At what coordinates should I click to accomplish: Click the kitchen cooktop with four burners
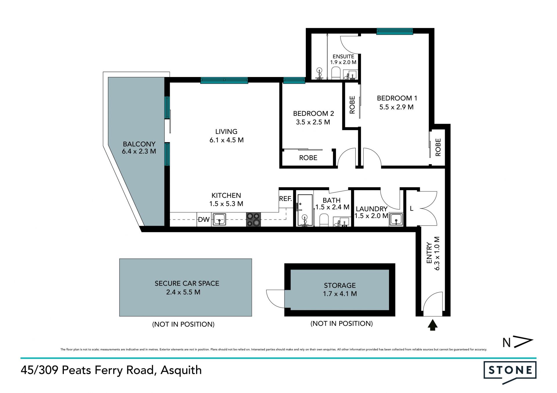click(253, 219)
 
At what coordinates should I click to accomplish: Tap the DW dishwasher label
click(204, 220)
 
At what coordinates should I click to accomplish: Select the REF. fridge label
click(285, 199)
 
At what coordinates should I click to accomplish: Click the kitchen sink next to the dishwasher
click(219, 219)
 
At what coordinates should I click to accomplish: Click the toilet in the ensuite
click(336, 73)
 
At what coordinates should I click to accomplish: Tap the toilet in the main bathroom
click(324, 220)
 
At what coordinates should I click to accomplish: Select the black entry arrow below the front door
click(433, 325)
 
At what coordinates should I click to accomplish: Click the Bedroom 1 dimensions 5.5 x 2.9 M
click(396, 107)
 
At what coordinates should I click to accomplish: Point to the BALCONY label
click(139, 144)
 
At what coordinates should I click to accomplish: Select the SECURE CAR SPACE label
click(187, 283)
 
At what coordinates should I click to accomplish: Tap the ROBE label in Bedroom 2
click(308, 158)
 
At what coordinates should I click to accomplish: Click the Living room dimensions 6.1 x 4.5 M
click(227, 140)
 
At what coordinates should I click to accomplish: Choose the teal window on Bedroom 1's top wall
click(395, 31)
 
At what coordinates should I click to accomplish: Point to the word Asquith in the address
click(181, 370)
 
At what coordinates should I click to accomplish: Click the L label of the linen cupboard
click(411, 208)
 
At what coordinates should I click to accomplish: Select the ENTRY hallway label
click(429, 253)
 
